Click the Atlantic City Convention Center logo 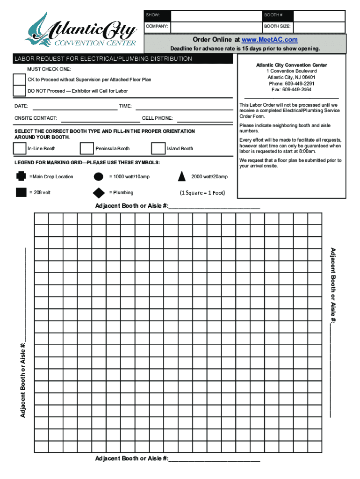click(x=81, y=30)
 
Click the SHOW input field click(x=216, y=15)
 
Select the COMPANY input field click(x=216, y=27)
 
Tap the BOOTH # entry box click(x=319, y=15)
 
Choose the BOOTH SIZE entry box click(x=319, y=27)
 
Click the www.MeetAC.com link click(x=270, y=40)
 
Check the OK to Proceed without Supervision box click(x=20, y=79)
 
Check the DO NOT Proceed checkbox click(x=20, y=90)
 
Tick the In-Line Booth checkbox click(x=20, y=148)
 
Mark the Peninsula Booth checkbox click(x=87, y=148)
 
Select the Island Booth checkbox click(x=158, y=148)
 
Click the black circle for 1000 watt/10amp click(x=99, y=176)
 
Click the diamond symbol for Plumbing click(x=99, y=192)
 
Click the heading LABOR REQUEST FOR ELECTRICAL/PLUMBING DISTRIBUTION click(x=103, y=59)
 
